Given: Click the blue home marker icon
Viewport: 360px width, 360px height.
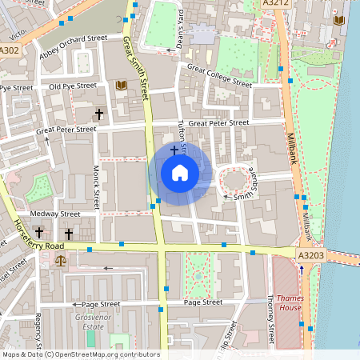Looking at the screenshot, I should coord(180,172).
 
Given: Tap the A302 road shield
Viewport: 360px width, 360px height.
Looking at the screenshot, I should coord(10,50).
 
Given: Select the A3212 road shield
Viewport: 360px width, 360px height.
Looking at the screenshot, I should coord(277,5).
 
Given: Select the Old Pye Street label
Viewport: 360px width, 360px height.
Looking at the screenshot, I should coord(72,86).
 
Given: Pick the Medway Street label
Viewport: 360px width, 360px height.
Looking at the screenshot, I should coord(55,214).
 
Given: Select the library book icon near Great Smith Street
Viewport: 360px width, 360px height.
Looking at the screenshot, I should coord(122,85).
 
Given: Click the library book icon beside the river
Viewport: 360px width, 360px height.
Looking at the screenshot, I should coord(339,19).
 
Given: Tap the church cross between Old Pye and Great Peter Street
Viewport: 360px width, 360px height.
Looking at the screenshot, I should coord(99,114).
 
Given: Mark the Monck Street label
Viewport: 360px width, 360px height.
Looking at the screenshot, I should coord(95,183).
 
